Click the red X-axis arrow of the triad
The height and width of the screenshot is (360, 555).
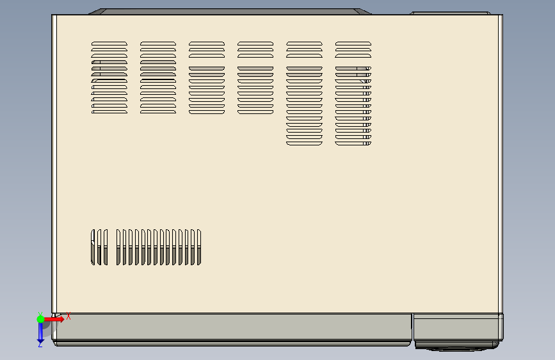(56, 318)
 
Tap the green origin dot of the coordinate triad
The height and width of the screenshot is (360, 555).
(40, 318)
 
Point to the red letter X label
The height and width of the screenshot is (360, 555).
(68, 316)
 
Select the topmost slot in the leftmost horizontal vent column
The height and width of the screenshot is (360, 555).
(109, 44)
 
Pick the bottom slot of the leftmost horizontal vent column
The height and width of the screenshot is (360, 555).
(109, 112)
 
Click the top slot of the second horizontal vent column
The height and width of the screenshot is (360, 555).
(158, 44)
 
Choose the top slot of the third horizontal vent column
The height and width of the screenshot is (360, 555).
(207, 44)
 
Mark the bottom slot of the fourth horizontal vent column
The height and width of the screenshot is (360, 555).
(255, 112)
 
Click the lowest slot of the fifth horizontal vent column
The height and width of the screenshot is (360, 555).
(304, 143)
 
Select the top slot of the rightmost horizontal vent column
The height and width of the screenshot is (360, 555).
(353, 44)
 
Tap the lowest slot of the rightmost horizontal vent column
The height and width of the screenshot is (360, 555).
(353, 143)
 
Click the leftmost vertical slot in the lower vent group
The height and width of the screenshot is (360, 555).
(93, 247)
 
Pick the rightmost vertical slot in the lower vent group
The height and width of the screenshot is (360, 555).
(199, 247)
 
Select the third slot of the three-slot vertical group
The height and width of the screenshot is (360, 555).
(106, 247)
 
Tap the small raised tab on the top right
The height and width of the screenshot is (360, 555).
(456, 13)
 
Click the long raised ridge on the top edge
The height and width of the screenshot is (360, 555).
(230, 12)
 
